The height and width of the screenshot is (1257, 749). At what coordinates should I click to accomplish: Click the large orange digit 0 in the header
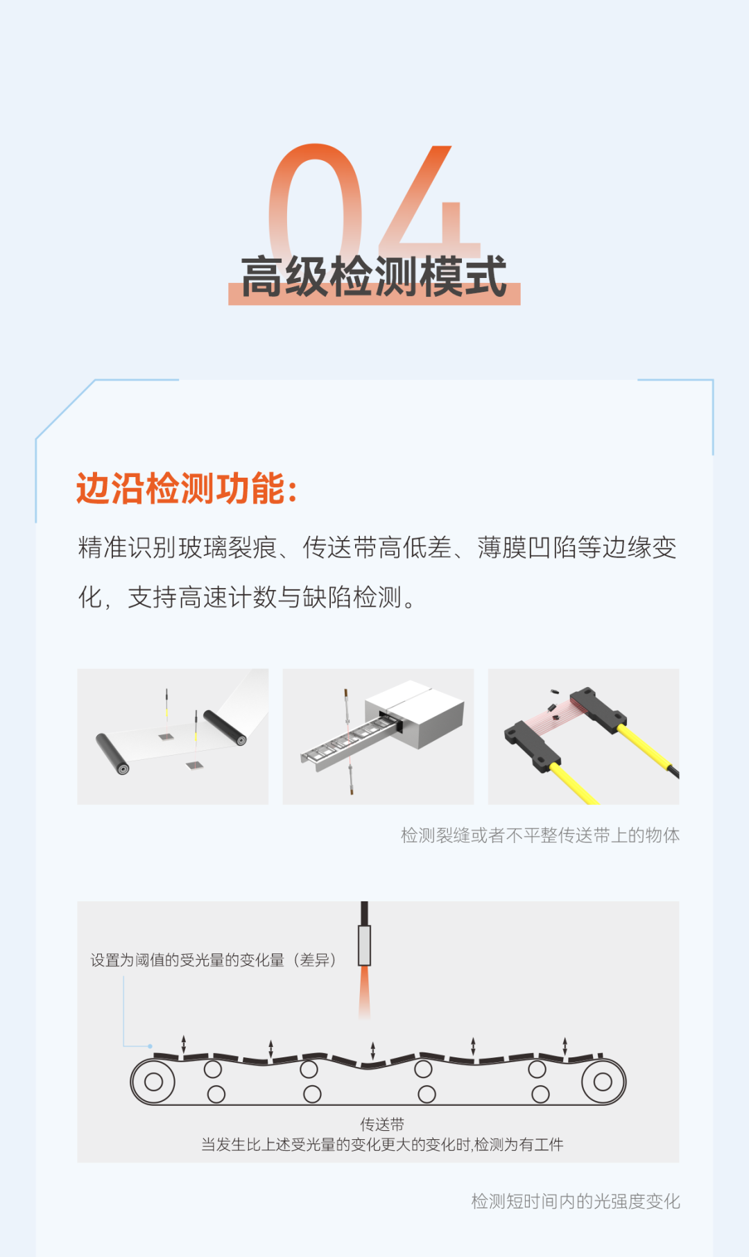[316, 201]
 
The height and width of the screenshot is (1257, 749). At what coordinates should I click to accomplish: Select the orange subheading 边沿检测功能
[186, 489]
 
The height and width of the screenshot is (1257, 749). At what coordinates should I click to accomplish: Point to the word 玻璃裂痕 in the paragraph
[227, 548]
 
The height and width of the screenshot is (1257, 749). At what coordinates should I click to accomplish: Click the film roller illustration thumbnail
[173, 736]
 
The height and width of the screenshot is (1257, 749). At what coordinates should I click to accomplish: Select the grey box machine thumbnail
[378, 736]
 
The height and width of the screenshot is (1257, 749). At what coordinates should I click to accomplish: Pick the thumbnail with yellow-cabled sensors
[583, 736]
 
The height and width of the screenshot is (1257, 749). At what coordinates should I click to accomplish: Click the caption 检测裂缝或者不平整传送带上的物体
[540, 835]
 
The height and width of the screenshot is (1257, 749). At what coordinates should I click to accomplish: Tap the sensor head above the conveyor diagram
[365, 945]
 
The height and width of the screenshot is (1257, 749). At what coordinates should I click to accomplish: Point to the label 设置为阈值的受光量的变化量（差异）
[214, 960]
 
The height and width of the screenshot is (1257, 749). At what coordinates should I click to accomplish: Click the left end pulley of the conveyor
[153, 1082]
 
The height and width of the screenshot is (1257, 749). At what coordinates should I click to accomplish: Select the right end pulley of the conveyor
[603, 1082]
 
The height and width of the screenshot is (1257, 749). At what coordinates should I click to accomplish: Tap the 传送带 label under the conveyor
[381, 1124]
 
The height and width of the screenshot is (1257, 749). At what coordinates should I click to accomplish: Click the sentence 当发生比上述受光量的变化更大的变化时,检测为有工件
[381, 1145]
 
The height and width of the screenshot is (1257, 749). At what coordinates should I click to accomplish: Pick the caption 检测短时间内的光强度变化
[575, 1202]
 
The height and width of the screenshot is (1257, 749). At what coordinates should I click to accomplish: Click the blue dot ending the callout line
[150, 1046]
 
